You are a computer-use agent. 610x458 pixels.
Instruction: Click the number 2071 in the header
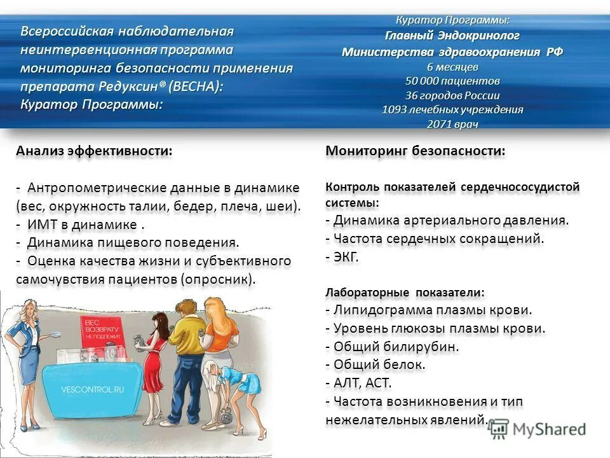[x=438, y=124]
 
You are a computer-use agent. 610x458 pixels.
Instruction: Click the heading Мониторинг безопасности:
[x=416, y=151]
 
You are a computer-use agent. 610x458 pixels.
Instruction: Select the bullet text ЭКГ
[x=346, y=257]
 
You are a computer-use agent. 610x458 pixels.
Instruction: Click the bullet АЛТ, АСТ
[x=362, y=383]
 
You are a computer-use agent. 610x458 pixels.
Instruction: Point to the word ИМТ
[x=43, y=225]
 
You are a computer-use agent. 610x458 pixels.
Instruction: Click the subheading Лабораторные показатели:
[x=405, y=293]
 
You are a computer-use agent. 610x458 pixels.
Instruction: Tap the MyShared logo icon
[x=499, y=429]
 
